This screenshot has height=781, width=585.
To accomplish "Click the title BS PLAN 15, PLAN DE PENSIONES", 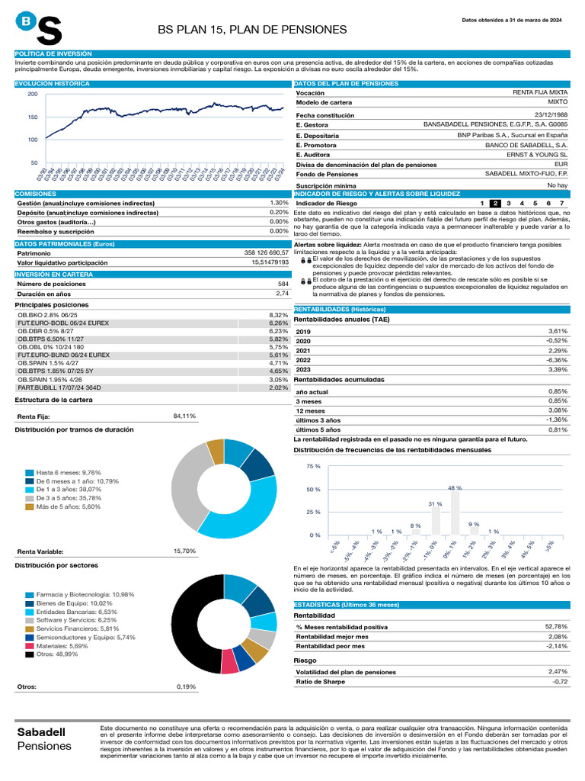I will pos(252,29).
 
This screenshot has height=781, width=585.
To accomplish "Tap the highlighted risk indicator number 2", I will pos(494,204).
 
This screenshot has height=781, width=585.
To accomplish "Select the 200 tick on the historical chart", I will pos(32,94).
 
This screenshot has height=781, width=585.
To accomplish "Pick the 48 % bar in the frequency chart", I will pos(455,512).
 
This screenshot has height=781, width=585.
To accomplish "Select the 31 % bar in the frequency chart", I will pos(435,521).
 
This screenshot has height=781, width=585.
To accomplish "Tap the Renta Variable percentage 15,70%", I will pos(185,551).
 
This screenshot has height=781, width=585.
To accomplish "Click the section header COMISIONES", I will pos(36,194).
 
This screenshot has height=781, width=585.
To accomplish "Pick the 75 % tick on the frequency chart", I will pos(313,466).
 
